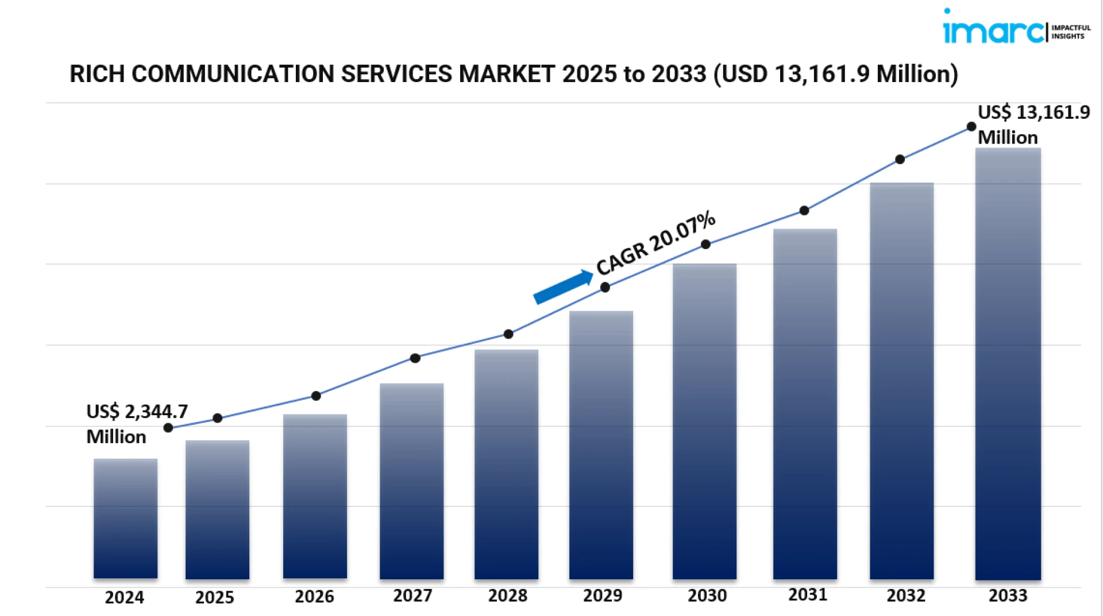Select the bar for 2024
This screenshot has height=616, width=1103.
pos(125,518)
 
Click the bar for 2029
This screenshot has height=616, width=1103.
pos(601,445)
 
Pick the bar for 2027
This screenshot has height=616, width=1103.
pos(411,481)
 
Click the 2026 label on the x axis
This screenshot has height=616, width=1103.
pos(314,596)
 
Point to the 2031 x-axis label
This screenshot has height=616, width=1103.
pos(807,595)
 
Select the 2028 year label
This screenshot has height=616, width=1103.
pos(507,596)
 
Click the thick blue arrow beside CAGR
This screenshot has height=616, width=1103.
pos(563,286)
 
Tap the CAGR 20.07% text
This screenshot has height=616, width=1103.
pos(655,243)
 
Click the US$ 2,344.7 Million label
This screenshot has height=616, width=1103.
pos(136,424)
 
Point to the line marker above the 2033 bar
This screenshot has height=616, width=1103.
pos(971,127)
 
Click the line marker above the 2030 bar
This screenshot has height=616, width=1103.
pos(705,245)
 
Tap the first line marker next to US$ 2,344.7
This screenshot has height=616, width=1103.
pos(168,428)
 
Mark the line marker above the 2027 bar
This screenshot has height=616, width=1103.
pos(415,358)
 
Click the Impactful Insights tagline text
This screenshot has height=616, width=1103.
pos(1070,32)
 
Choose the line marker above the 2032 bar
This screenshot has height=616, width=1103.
pos(900,160)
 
